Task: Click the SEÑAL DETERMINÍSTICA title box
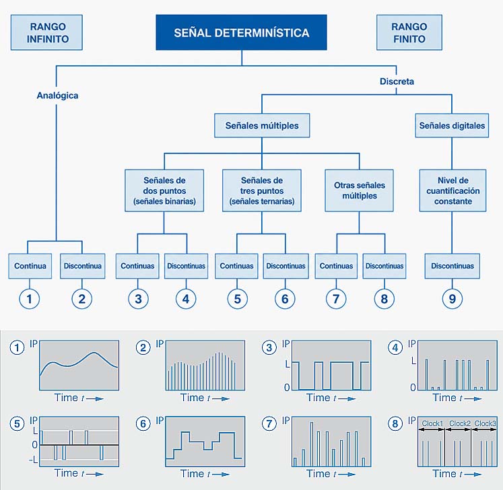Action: [x=241, y=32]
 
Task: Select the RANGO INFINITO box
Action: [x=46, y=32]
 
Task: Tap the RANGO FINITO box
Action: [x=409, y=32]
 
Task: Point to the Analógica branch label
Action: [x=57, y=96]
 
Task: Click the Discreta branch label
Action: [x=397, y=81]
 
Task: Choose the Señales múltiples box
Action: [x=262, y=125]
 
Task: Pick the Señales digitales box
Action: [x=452, y=125]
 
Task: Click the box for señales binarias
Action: [x=164, y=190]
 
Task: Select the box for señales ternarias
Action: [x=262, y=190]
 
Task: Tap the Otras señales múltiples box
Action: [x=360, y=190]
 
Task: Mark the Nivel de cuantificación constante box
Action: [x=452, y=190]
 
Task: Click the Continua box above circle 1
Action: [x=30, y=266]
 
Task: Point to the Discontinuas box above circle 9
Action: [x=452, y=266]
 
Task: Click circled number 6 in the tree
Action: [x=285, y=299]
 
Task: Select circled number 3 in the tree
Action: [x=138, y=299]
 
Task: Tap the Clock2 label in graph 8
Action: [x=460, y=423]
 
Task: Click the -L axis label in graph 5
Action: [x=33, y=460]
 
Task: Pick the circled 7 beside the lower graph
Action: [x=269, y=424]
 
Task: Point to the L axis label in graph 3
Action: [x=288, y=364]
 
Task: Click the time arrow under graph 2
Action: [x=221, y=399]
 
